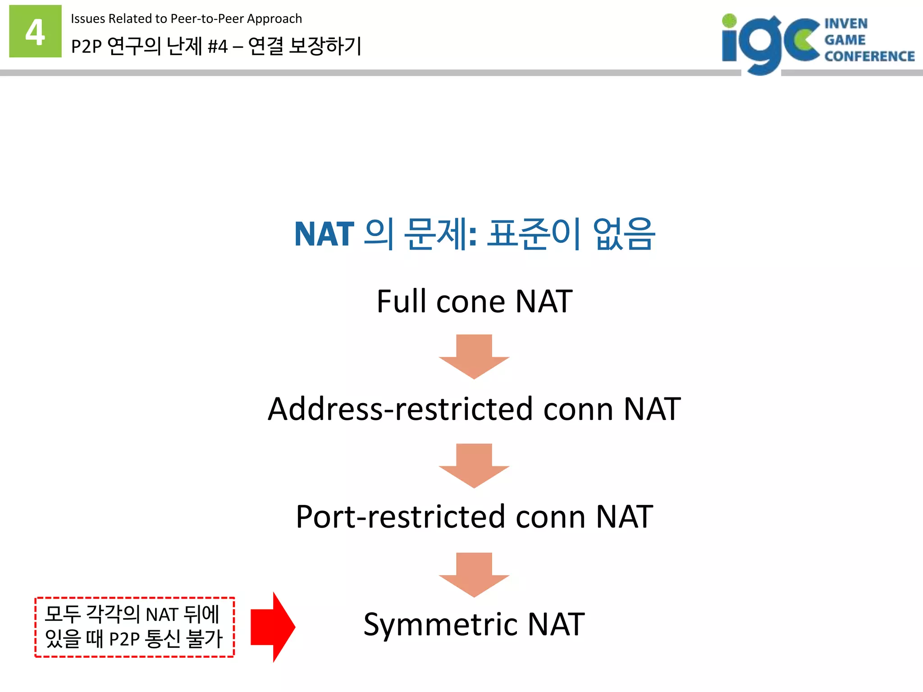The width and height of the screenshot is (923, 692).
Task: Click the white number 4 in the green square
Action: click(x=35, y=32)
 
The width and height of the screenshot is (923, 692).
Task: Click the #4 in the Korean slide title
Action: click(x=218, y=46)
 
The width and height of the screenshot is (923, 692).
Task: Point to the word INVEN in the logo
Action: click(x=846, y=23)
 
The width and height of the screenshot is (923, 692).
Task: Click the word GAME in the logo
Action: click(x=845, y=40)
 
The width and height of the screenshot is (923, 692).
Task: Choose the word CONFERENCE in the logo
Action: click(x=869, y=56)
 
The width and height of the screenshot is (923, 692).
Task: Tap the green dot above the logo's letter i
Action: click(x=729, y=21)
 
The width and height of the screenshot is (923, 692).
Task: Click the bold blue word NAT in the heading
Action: click(x=324, y=234)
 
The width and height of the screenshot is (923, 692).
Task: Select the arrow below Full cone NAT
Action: click(x=474, y=356)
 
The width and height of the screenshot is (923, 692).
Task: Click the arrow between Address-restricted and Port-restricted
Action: click(x=474, y=465)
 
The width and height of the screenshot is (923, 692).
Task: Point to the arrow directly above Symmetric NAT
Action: click(x=474, y=574)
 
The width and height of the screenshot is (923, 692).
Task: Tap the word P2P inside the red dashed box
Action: click(x=124, y=639)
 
